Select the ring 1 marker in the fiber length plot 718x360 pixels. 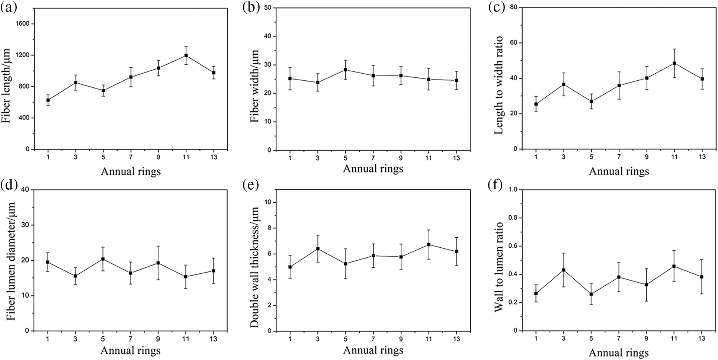48,100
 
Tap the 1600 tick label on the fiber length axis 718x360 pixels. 22,24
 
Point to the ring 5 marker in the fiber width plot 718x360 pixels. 345,70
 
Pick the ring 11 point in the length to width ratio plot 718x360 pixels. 674,63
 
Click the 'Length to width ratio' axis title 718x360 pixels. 499,86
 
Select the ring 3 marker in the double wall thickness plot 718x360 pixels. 318,248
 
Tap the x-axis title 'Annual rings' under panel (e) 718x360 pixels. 373,350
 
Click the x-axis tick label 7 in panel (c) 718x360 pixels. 619,157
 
